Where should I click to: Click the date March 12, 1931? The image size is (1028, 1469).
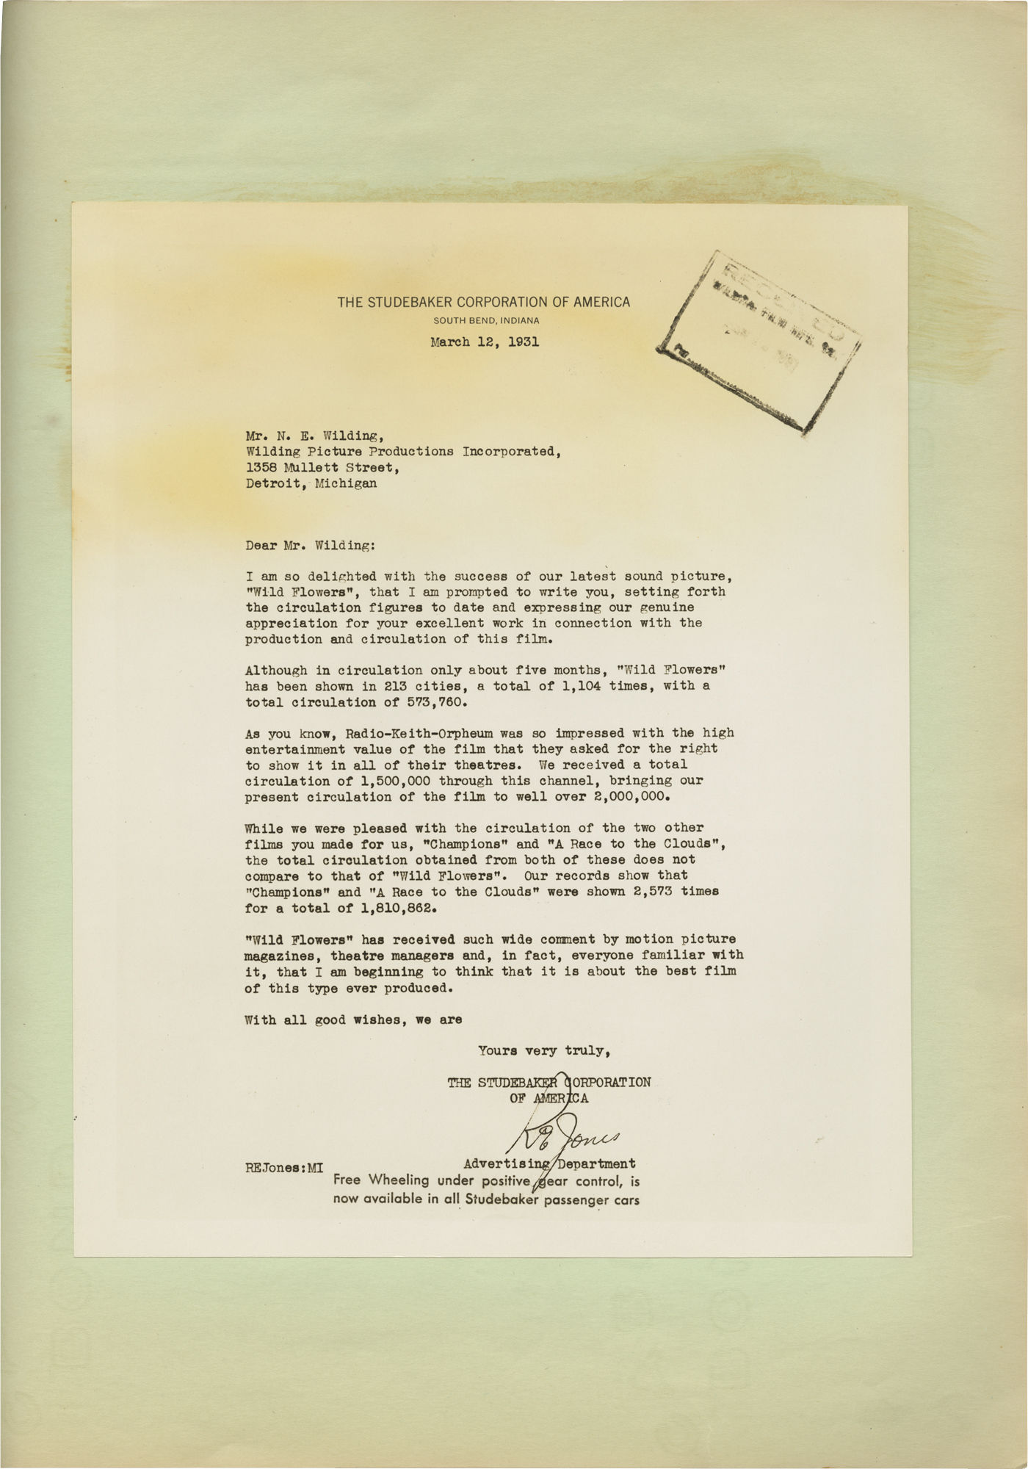(485, 342)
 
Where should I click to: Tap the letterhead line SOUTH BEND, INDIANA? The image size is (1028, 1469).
(486, 320)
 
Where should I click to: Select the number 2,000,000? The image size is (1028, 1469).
(634, 796)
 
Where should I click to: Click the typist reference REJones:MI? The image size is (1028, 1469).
(284, 1166)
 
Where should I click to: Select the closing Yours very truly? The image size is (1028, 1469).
(544, 1051)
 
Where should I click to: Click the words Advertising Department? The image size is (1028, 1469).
(549, 1163)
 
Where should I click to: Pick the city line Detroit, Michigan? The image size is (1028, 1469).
(311, 483)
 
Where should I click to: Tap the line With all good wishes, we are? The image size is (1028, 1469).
(354, 1019)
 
